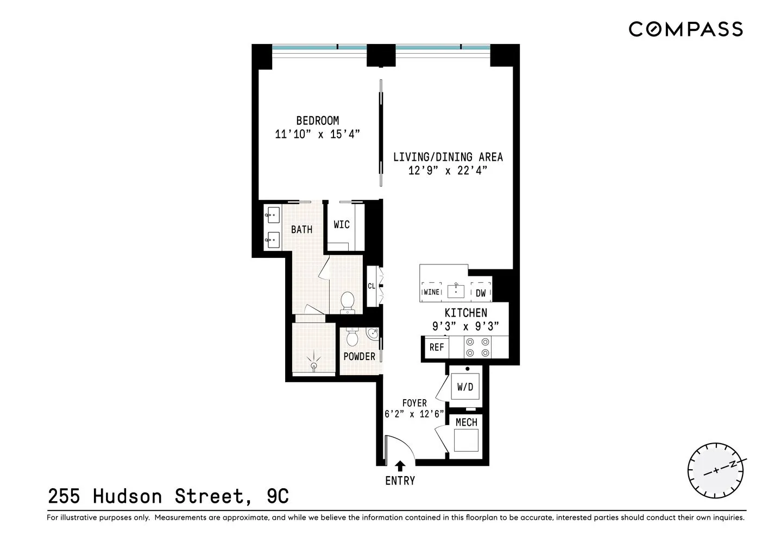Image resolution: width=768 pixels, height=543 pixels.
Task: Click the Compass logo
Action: click(685, 29)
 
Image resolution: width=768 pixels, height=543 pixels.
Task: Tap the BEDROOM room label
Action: click(317, 121)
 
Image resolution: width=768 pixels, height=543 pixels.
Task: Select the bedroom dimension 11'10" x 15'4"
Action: click(317, 134)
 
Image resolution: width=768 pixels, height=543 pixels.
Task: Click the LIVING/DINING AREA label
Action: click(448, 157)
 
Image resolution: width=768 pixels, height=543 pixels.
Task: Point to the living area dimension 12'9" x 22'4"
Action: click(448, 171)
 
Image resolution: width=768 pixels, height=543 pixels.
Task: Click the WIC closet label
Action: click(341, 225)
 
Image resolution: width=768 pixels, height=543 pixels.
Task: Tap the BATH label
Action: click(301, 230)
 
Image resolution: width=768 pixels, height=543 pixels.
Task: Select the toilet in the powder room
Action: click(352, 338)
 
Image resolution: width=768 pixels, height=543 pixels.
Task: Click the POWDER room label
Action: click(359, 357)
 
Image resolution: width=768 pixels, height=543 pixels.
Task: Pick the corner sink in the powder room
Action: click(373, 333)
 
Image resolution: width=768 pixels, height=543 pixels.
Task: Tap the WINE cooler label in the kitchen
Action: click(432, 292)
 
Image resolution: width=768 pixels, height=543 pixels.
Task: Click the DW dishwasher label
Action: click(481, 293)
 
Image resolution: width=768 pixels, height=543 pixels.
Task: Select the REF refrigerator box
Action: click(436, 348)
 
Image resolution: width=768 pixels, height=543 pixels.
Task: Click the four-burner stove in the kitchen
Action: click(477, 348)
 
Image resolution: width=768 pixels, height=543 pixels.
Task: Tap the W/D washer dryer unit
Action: click(465, 387)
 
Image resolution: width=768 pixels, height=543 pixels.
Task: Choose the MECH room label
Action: click(466, 422)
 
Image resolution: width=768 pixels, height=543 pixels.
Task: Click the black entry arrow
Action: click(400, 465)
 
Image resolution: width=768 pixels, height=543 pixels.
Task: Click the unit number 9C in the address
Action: click(278, 496)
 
